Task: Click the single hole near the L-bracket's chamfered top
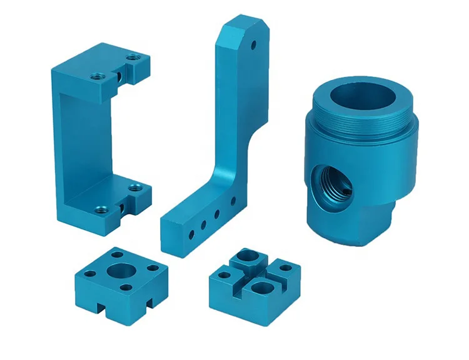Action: pyautogui.click(x=253, y=46)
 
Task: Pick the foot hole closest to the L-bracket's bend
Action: pyautogui.click(x=233, y=201)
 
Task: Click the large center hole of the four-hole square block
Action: pyautogui.click(x=119, y=271)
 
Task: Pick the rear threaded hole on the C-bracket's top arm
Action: pyautogui.click(x=133, y=58)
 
